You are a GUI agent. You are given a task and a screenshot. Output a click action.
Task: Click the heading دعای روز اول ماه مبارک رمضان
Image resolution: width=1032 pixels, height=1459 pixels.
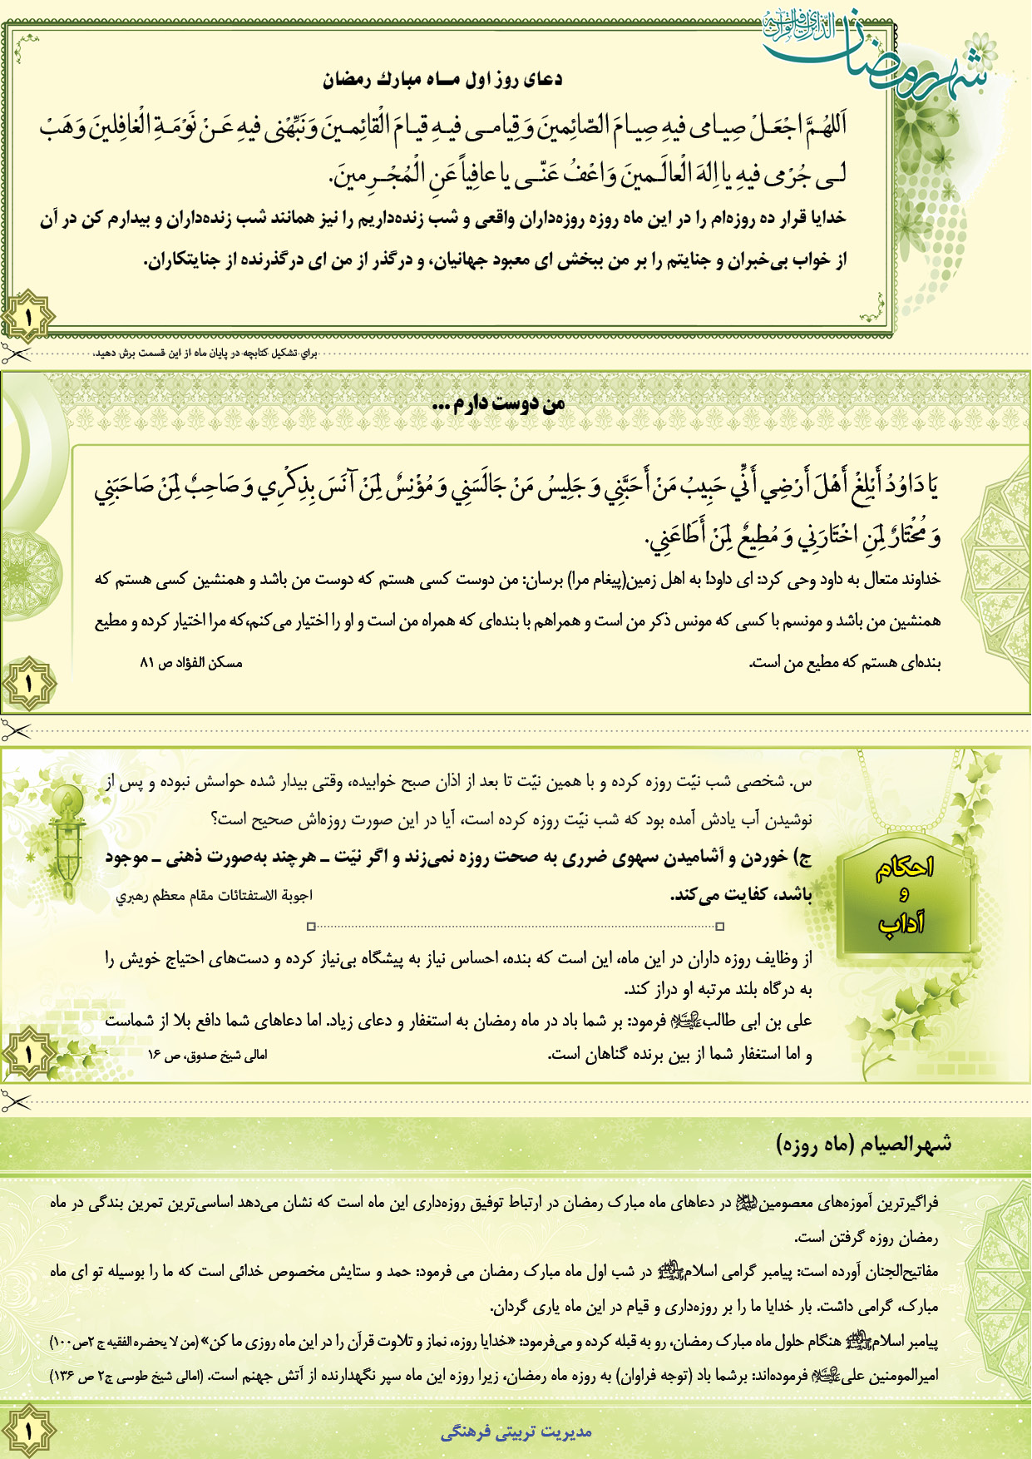point(442,80)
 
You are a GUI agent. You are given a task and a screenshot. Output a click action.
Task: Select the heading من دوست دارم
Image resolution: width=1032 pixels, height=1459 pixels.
point(499,404)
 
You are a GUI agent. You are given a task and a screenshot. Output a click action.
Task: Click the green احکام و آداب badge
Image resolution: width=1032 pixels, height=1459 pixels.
point(904,896)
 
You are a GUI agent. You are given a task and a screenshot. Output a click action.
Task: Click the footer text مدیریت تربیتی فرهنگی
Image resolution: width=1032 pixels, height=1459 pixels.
point(516,1432)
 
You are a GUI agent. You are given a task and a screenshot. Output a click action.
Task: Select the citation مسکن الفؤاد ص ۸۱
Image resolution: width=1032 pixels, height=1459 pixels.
point(190,663)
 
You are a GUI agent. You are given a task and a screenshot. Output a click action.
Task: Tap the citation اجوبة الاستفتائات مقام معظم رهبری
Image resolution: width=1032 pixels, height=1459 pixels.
point(214,896)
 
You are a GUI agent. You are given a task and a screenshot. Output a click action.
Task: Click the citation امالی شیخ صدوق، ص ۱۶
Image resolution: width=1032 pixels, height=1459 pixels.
point(207,1055)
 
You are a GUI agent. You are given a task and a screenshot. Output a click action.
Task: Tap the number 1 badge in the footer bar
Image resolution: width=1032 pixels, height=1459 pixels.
point(27,1431)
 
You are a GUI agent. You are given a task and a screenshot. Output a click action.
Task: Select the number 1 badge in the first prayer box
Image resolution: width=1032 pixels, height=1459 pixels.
point(27,315)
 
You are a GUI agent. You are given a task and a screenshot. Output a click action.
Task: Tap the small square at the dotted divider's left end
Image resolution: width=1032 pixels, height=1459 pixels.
point(311,926)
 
